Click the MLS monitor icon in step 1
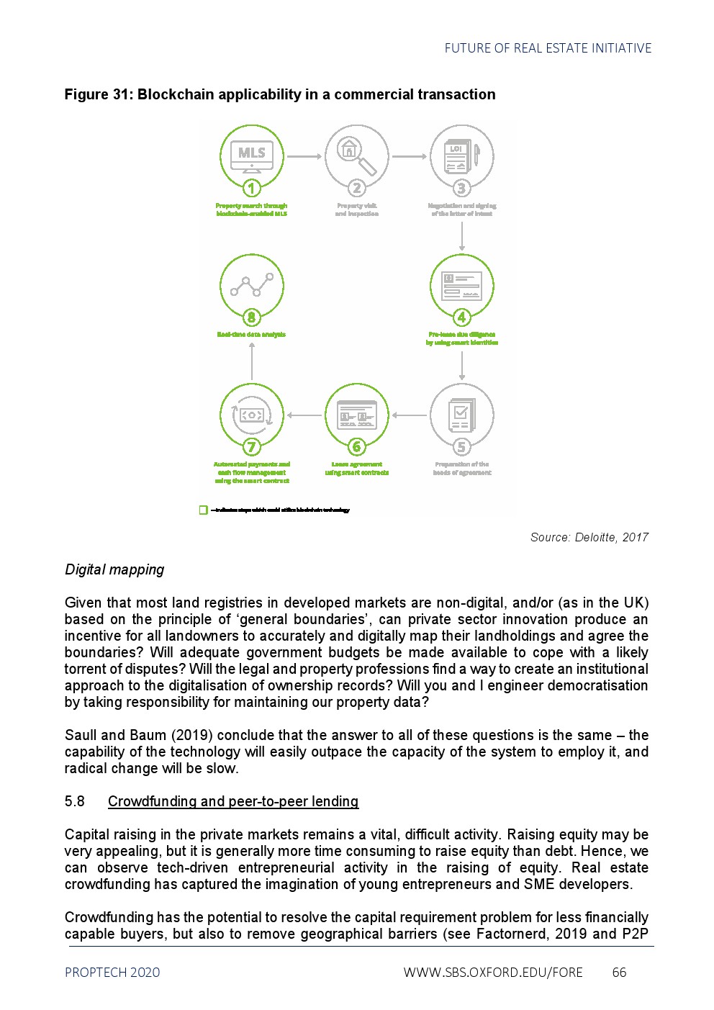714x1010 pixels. click(x=252, y=155)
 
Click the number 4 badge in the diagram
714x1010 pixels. click(x=462, y=317)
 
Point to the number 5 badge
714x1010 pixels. click(x=462, y=447)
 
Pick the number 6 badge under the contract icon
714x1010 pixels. click(x=357, y=447)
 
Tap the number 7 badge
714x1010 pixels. click(x=252, y=447)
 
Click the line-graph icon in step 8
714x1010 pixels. click(x=252, y=286)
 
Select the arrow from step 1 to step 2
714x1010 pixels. click(x=304, y=156)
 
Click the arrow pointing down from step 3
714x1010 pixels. click(x=462, y=235)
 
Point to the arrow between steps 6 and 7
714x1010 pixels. click(x=304, y=415)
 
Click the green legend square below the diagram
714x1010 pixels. click(x=203, y=510)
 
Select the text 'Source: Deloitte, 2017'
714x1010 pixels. click(x=589, y=537)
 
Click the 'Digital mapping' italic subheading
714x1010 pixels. click(x=114, y=569)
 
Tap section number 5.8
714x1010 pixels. click(x=75, y=801)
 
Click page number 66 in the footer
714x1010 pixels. click(x=619, y=973)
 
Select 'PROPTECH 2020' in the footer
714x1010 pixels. click(x=112, y=973)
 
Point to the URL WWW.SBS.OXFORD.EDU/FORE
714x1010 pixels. click(x=493, y=973)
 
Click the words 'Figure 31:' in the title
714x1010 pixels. click(x=99, y=94)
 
